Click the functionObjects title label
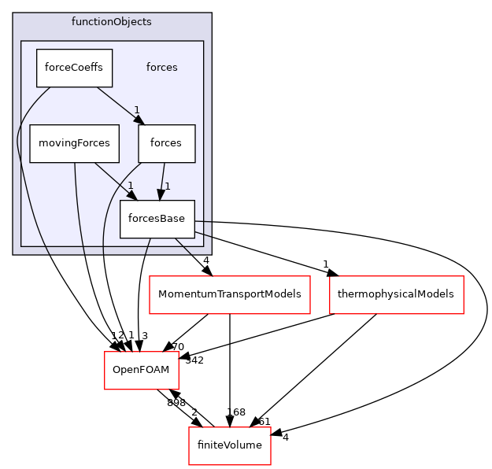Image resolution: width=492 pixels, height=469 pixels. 112,21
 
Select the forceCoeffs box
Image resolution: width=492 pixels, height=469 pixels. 74,68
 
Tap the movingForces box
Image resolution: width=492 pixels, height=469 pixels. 74,143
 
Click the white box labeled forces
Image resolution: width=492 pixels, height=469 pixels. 166,143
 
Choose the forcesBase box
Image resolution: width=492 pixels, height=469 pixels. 157,219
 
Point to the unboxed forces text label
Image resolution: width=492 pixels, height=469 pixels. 161,68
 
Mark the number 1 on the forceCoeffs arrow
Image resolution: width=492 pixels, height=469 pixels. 135,110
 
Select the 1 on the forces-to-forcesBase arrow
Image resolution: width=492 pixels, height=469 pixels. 168,186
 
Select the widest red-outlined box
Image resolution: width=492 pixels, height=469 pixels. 230,295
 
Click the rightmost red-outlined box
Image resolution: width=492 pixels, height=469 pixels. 396,295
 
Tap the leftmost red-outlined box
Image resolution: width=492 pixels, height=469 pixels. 142,370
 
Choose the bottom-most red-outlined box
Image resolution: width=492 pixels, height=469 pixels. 230,446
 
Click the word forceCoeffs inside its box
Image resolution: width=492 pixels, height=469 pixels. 74,68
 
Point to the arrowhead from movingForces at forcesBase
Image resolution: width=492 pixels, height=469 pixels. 129,194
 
